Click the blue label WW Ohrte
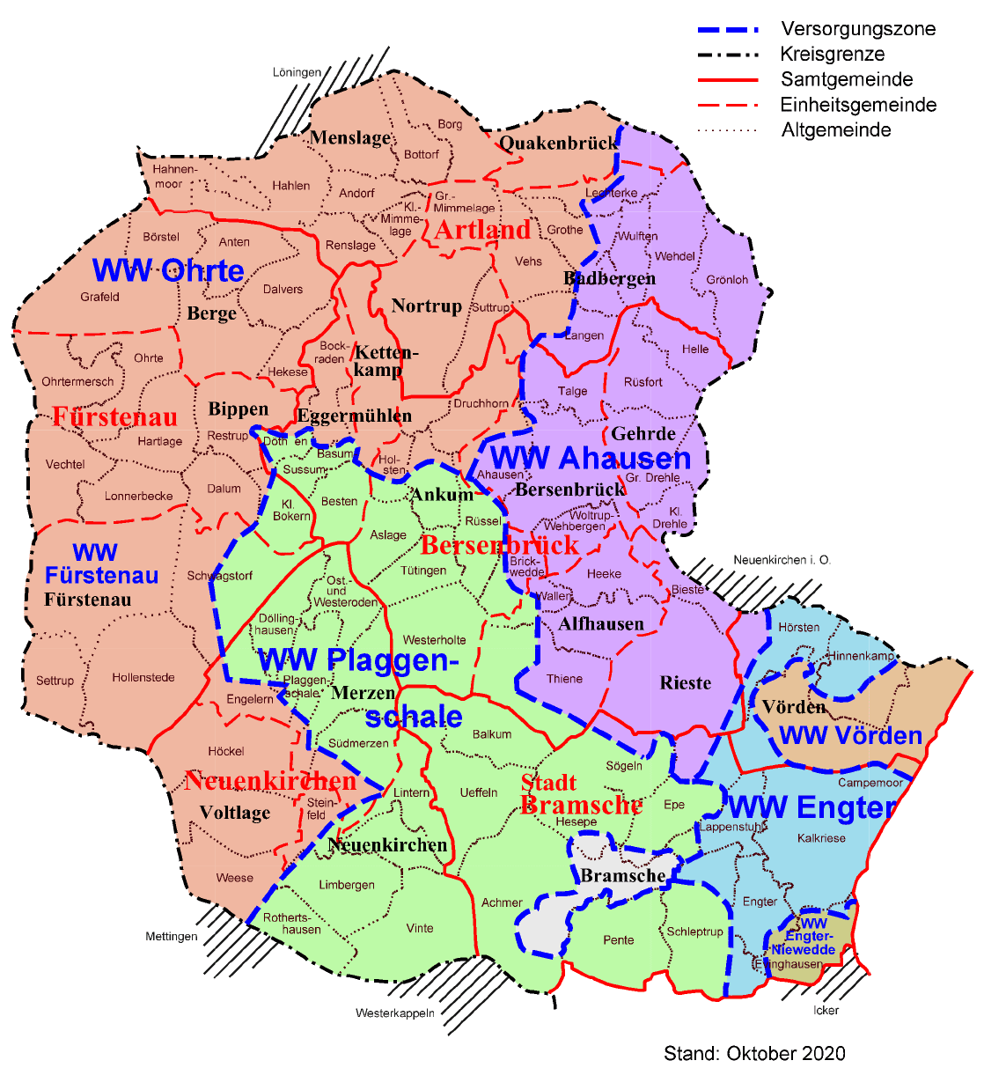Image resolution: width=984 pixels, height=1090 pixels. pos(168,270)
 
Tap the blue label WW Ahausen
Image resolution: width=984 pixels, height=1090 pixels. pos(591,458)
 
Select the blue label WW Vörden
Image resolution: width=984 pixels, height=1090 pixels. pos(850,735)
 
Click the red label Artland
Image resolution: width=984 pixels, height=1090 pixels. pos(483,230)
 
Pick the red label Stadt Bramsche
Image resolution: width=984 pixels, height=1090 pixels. pos(581,794)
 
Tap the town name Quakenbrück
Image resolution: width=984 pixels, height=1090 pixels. pos(558,143)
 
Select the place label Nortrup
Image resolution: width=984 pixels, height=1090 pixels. pos(427,306)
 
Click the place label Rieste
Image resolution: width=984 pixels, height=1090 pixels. pos(686,683)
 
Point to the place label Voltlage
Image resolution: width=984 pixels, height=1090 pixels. pos(235,813)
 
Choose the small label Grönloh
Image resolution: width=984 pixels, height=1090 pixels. pos(727,280)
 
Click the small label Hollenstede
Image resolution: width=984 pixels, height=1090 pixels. pos(143,678)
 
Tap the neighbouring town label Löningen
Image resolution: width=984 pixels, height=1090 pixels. pos(297,72)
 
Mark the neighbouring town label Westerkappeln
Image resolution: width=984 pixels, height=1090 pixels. pos(395,1013)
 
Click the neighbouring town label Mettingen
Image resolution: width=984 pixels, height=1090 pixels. pos(172,937)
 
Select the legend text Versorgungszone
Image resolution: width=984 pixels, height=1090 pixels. pos(858,29)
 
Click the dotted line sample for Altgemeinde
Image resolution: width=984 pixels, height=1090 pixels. pos(727,130)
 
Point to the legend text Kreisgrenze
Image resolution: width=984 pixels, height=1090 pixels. pos(833,55)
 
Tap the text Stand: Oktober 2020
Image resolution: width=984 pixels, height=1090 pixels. pos(754,1054)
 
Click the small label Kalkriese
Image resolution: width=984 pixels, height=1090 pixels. pos(821,838)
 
